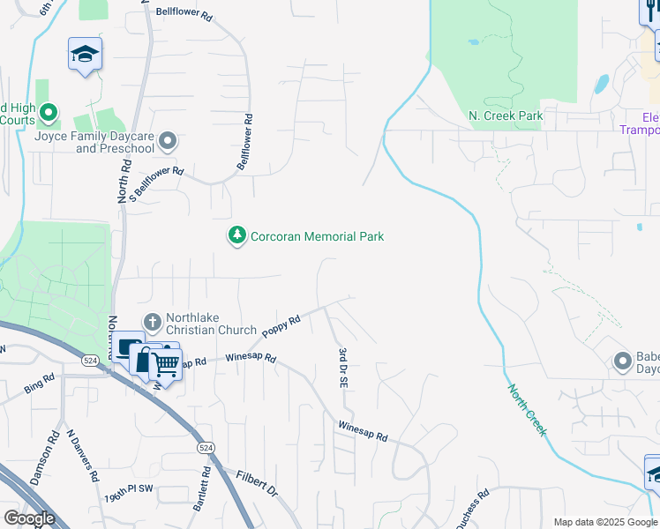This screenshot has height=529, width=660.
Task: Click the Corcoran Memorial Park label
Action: pos(317,236)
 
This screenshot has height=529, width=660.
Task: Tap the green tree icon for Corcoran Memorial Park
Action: pos(236,236)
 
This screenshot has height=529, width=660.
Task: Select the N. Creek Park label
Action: pos(505,116)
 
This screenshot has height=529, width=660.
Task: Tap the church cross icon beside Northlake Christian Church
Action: pos(152,323)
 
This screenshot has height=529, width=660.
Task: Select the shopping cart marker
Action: pos(166,363)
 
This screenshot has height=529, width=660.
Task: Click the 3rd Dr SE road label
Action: pos(342,368)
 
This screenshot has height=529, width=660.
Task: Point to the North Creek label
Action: pos(527,409)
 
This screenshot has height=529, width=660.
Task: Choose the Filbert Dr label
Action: pos(257,482)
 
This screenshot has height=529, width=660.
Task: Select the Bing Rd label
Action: pos(40,384)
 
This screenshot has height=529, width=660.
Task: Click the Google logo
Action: pos(29,518)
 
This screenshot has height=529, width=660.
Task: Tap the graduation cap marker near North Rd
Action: pos(86,55)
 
